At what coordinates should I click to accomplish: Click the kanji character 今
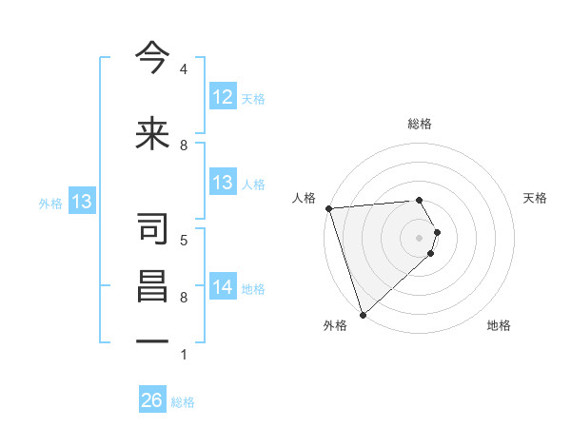click(x=152, y=59)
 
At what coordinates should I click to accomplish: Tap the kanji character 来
click(x=152, y=134)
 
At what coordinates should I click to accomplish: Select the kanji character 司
click(x=152, y=229)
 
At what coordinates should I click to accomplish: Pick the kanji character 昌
click(x=152, y=286)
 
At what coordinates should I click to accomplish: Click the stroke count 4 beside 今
click(x=184, y=69)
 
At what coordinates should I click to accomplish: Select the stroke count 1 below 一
click(x=184, y=355)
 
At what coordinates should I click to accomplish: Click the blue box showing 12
click(x=223, y=97)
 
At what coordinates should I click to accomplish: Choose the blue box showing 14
click(x=223, y=287)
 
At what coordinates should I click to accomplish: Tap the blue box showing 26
click(x=152, y=400)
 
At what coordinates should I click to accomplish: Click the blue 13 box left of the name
click(x=81, y=202)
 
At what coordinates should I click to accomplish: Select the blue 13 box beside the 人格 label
click(x=223, y=183)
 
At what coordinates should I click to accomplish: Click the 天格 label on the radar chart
click(x=536, y=198)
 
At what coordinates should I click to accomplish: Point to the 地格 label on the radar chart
click(x=499, y=325)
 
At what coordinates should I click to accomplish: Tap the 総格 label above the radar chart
click(x=420, y=124)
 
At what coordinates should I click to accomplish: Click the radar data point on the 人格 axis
click(x=328, y=208)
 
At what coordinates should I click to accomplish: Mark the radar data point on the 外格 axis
click(x=363, y=314)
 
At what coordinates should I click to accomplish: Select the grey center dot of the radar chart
click(x=420, y=237)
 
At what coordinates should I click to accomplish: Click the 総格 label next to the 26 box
click(x=183, y=402)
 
